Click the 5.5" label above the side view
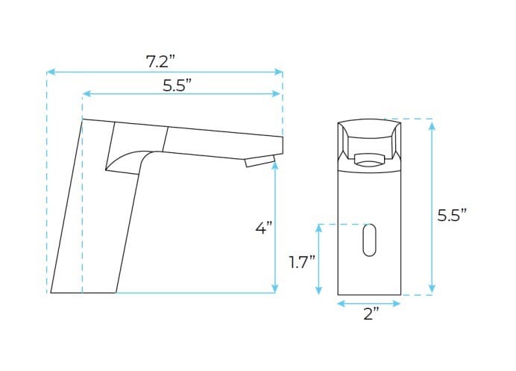click(x=182, y=84)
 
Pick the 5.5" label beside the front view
click(x=451, y=216)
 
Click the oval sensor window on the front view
click(x=369, y=240)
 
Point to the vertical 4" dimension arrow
click(x=276, y=228)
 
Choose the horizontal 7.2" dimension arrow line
click(x=164, y=72)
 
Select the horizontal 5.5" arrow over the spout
click(x=182, y=93)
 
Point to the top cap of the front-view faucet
click(x=369, y=131)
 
